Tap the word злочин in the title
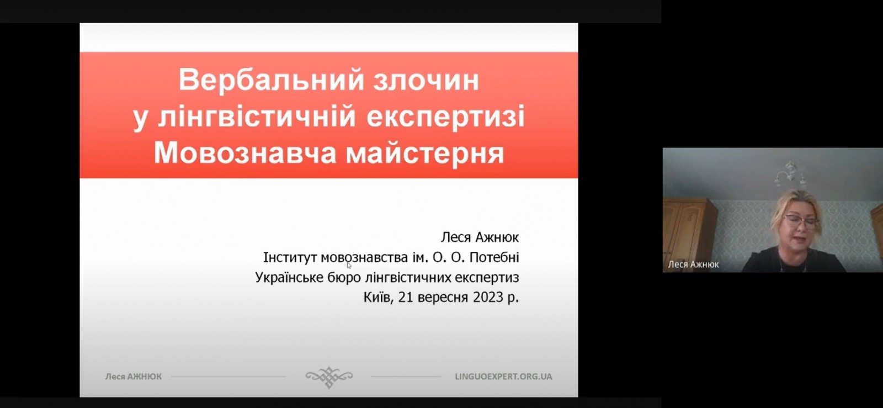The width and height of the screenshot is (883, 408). tap(427, 80)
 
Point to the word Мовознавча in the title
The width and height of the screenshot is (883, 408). tap(245, 152)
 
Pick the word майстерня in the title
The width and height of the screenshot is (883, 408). tap(425, 153)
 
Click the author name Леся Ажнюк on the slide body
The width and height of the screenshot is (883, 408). tap(480, 237)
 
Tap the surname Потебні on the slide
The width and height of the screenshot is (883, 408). tap(494, 257)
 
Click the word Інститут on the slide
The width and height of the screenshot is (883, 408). tap(290, 257)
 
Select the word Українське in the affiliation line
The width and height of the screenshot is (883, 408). tap(289, 278)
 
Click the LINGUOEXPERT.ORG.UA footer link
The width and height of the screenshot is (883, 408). tap(503, 377)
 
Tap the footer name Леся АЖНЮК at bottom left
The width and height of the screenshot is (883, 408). tap(133, 377)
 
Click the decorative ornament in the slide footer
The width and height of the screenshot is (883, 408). tap(329, 377)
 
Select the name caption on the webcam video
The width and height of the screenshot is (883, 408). tap(693, 264)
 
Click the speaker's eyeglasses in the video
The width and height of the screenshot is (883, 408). tap(801, 221)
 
